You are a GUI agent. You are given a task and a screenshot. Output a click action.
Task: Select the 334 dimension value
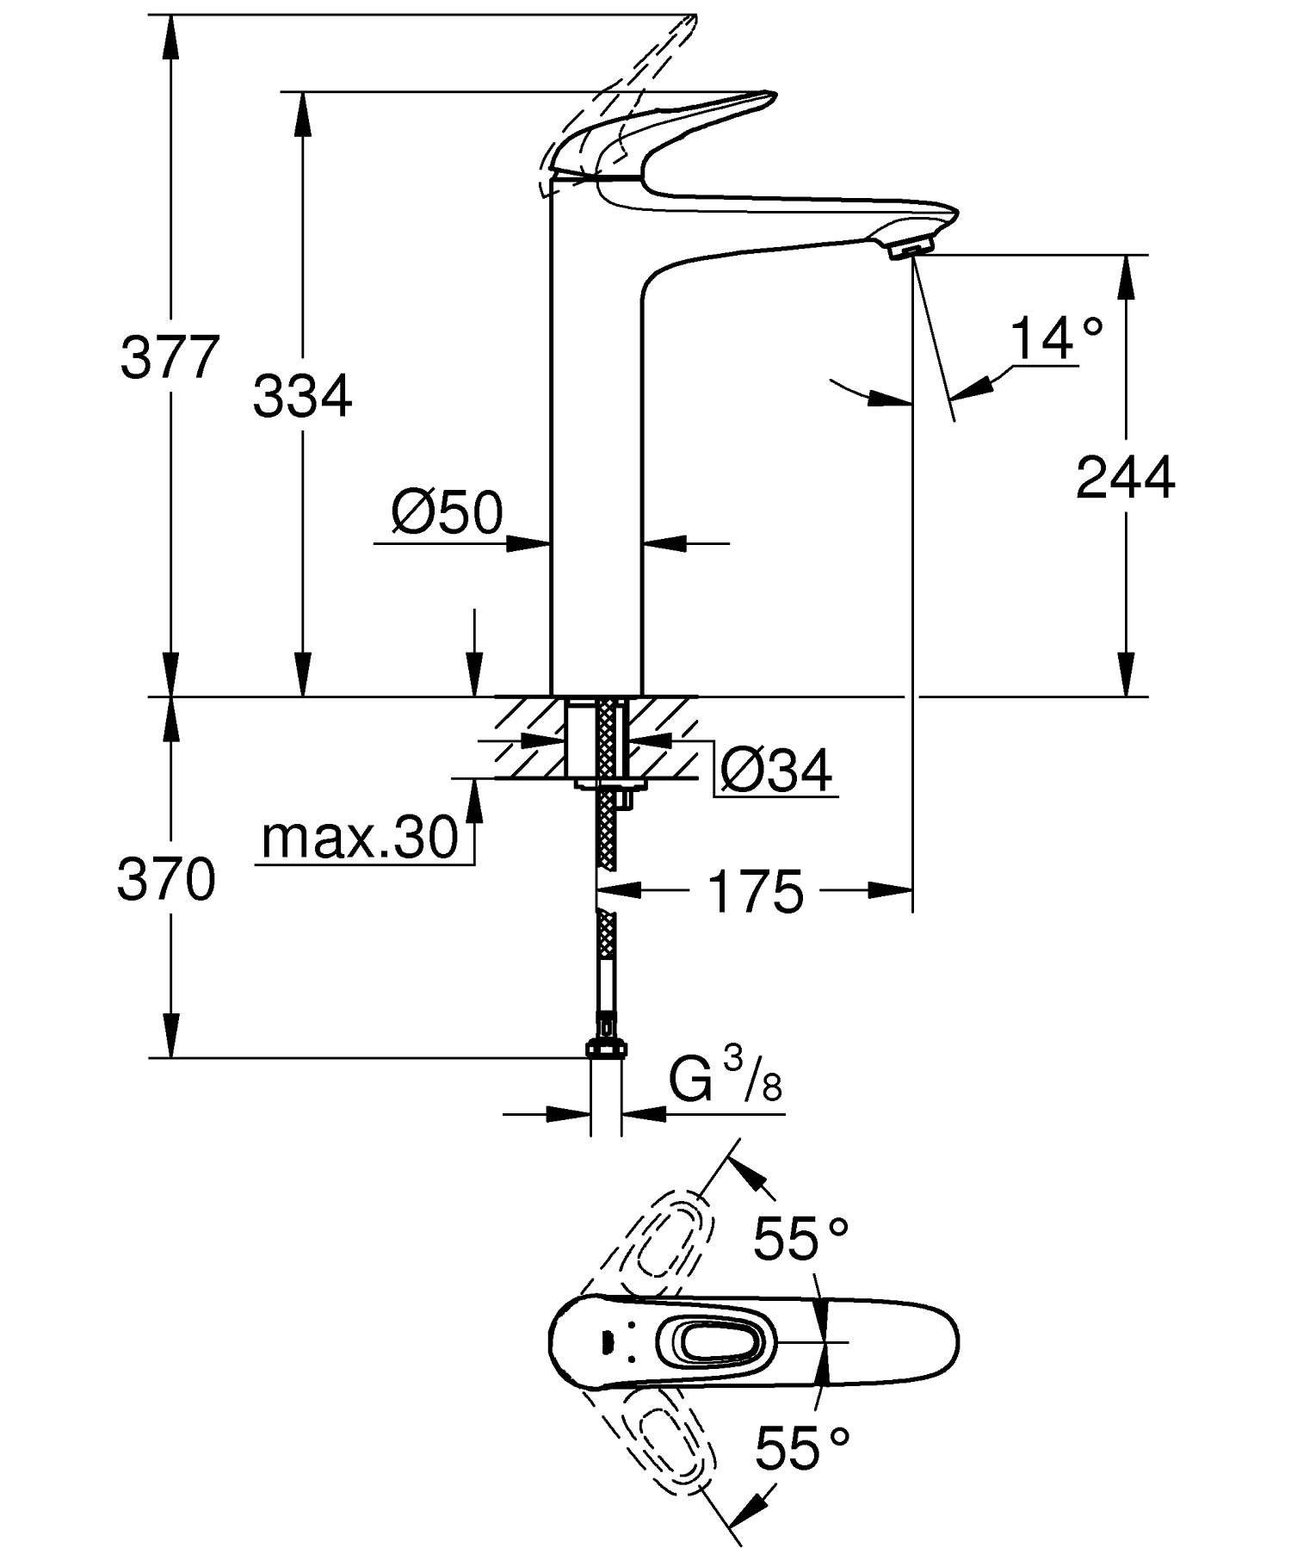(302, 397)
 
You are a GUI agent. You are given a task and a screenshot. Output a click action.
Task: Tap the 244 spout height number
(1125, 478)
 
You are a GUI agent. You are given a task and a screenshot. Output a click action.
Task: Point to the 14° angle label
(1055, 338)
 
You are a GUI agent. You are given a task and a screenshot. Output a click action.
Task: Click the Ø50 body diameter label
(447, 514)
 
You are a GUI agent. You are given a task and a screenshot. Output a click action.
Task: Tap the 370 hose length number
(166, 880)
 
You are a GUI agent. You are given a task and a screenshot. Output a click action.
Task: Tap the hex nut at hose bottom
(607, 1049)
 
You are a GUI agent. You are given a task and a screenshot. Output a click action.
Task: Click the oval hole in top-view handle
(709, 1341)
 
